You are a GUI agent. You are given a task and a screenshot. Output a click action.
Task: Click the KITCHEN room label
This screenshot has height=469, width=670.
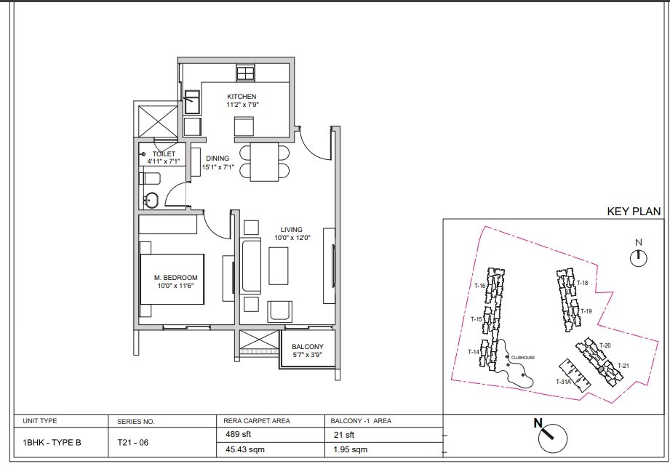(242, 97)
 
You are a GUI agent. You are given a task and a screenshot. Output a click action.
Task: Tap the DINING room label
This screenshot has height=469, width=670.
(218, 159)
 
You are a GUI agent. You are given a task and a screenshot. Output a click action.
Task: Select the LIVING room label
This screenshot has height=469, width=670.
(292, 230)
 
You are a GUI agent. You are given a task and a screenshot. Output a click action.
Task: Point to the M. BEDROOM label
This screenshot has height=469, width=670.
(175, 278)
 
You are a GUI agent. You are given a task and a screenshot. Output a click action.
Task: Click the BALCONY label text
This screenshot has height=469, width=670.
(308, 347)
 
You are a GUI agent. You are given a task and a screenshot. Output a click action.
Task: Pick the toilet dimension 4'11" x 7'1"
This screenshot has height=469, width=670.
(164, 161)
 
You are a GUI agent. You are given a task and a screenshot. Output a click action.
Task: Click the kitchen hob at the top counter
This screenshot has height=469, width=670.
(245, 73)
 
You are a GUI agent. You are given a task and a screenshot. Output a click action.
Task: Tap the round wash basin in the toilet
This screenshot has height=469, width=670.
(151, 200)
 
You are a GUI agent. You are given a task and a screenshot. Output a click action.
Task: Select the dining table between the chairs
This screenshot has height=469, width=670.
(264, 162)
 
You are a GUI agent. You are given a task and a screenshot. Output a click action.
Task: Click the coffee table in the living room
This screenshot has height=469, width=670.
(278, 265)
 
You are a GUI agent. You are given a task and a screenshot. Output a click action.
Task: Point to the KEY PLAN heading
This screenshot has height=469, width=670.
(634, 212)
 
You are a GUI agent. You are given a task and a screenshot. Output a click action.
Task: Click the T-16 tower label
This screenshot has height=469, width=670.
(480, 286)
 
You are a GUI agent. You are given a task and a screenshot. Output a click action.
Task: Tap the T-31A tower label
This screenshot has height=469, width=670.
(563, 382)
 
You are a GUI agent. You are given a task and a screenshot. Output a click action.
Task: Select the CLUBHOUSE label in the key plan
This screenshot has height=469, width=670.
(522, 358)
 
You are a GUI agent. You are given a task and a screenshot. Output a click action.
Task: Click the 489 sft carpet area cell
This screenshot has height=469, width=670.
(238, 434)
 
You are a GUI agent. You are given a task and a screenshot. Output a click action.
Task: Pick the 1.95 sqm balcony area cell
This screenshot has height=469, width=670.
(351, 449)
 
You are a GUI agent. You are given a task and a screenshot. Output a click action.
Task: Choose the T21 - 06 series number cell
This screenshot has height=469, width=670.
(133, 443)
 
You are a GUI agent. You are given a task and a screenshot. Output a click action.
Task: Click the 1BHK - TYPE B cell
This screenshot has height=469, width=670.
(52, 443)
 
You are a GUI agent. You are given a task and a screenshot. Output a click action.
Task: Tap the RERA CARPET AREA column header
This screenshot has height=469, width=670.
(257, 421)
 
